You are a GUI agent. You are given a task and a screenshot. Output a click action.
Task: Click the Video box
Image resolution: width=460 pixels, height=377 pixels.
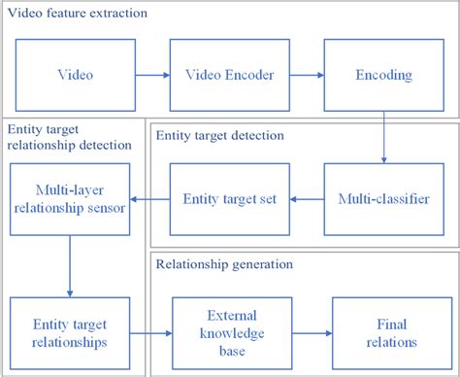[x=75, y=74]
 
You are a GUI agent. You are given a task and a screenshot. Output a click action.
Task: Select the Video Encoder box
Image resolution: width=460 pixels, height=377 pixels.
[x=229, y=74]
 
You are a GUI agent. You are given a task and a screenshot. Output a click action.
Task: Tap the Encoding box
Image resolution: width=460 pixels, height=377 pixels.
[x=384, y=74]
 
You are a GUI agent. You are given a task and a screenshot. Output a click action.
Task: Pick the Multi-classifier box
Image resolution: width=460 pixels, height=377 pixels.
[x=384, y=198]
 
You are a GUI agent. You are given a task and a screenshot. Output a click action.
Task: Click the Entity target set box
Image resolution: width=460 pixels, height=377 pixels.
[x=229, y=198]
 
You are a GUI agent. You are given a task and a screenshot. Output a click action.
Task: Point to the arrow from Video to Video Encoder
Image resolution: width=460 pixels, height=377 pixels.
[x=153, y=74]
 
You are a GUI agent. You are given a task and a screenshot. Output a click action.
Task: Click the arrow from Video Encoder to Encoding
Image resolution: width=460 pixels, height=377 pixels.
[x=309, y=74]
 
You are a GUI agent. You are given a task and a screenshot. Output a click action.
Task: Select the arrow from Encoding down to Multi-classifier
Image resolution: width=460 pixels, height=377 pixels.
[x=385, y=136]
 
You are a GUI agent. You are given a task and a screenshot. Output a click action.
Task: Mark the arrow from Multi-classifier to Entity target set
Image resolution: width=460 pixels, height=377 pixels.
[x=308, y=198]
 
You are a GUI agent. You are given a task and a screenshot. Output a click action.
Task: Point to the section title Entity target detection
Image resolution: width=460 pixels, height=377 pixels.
[x=219, y=135]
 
